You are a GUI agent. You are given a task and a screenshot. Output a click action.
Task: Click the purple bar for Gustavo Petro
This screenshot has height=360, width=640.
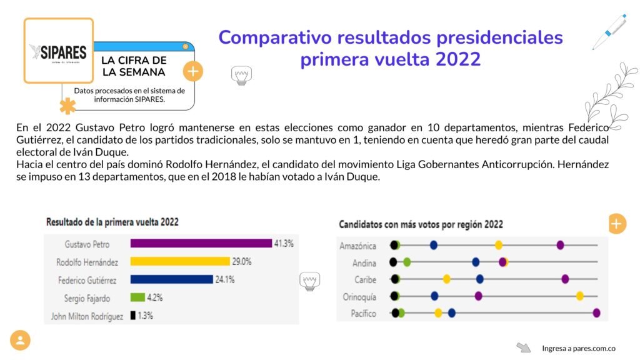[x=201, y=244]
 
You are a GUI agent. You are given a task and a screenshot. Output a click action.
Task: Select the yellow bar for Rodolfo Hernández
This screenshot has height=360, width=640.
[x=180, y=262]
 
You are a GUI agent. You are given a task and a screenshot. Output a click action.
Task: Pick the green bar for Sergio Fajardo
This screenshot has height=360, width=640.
[x=137, y=297]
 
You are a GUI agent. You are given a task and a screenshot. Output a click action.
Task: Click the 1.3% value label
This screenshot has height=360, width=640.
[x=146, y=316]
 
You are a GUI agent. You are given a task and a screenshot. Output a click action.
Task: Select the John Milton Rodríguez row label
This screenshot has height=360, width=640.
[x=87, y=316]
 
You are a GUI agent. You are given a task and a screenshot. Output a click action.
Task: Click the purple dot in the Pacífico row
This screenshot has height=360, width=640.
[x=596, y=312]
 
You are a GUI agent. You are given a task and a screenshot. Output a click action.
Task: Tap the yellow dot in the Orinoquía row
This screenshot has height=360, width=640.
[x=580, y=296]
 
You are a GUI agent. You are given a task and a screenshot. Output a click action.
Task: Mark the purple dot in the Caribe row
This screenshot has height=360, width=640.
[x=565, y=279]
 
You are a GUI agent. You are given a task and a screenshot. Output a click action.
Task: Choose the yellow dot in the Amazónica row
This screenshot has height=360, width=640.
[x=499, y=245]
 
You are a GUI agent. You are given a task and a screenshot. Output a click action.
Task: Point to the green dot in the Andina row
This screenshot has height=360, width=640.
[x=407, y=262]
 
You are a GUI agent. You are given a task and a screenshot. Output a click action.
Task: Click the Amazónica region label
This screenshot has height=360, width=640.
[x=357, y=246]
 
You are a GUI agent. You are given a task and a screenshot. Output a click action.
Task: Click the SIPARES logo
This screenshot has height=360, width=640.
[x=58, y=52]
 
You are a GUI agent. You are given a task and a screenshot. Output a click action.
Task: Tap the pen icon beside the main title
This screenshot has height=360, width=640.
[x=609, y=31]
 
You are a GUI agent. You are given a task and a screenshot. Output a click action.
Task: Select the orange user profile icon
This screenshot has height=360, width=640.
[x=20, y=340]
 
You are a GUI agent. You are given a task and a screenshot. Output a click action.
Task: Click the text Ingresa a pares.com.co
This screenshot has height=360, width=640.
[x=579, y=348]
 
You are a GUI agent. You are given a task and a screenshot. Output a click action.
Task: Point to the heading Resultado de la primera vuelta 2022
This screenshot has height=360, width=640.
[x=112, y=222]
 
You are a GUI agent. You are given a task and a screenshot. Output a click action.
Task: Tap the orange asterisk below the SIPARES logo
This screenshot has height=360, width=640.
[x=67, y=106]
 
